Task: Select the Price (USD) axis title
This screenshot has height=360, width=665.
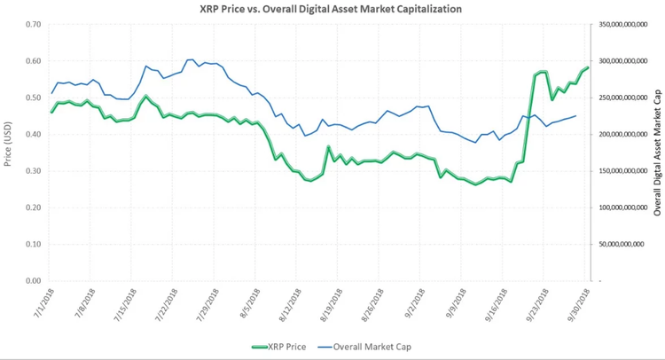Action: tap(8, 145)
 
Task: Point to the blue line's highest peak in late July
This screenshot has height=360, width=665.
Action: tap(192, 59)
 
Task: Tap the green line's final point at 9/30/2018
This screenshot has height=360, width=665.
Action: tap(588, 67)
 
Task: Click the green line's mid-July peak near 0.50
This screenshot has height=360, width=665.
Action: tap(146, 96)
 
